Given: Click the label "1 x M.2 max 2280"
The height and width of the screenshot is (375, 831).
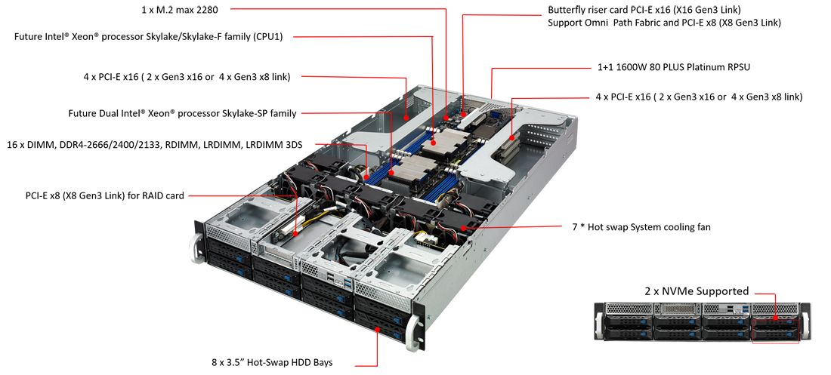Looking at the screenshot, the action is click(x=180, y=9).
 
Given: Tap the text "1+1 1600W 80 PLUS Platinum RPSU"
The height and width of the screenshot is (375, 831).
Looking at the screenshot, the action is click(x=672, y=68).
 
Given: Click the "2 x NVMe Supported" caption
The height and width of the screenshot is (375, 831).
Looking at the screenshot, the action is click(x=696, y=290).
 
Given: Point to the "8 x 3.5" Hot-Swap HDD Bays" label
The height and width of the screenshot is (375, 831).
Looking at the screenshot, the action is click(x=272, y=363).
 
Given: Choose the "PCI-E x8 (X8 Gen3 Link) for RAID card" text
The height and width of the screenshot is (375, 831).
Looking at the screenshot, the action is click(x=105, y=196).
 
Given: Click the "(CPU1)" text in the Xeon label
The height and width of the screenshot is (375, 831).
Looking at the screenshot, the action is click(x=270, y=36).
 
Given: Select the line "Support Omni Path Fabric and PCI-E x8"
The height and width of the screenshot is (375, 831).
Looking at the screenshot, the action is click(x=664, y=23).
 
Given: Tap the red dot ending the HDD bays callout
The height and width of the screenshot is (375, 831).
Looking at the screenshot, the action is click(x=377, y=330).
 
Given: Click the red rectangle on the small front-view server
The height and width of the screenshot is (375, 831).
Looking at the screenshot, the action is click(x=775, y=331).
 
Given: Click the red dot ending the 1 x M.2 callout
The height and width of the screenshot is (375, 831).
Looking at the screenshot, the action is click(x=446, y=117).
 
